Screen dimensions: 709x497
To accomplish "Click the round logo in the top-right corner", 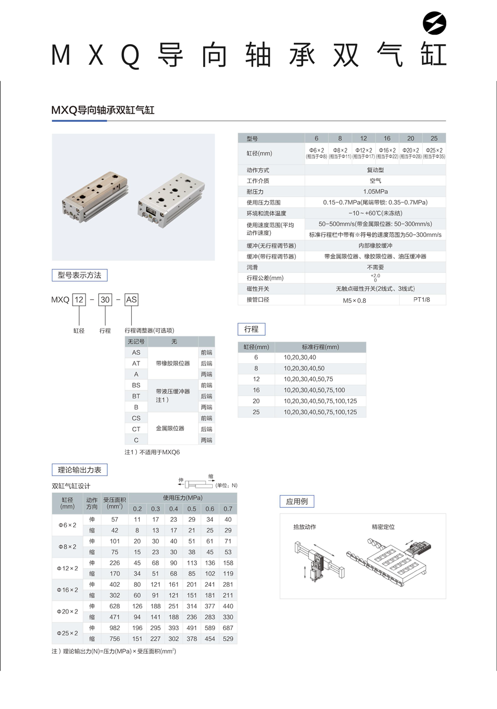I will [435, 23].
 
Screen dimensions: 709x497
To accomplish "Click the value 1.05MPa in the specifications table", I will [375, 192].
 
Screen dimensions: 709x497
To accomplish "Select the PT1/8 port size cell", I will [422, 299].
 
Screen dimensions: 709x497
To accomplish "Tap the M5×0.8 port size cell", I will [354, 300].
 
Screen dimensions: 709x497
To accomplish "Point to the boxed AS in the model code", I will [131, 300].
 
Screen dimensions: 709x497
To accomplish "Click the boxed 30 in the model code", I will [105, 300].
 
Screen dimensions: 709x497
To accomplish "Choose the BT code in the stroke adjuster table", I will [136, 396].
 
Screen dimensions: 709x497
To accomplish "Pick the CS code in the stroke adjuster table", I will [136, 418].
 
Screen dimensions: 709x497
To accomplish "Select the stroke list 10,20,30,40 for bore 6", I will [300, 358].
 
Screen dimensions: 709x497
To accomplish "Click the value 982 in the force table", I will [114, 628].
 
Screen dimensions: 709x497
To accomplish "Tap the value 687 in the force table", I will [228, 628].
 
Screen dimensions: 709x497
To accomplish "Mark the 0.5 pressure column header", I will [192, 508].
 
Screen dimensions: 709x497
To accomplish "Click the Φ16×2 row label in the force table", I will [68, 590].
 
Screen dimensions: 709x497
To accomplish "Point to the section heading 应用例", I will [297, 501].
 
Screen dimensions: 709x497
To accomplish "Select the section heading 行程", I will [251, 329].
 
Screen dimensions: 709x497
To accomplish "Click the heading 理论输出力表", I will [79, 470].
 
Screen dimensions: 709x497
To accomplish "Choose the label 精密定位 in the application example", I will [383, 527].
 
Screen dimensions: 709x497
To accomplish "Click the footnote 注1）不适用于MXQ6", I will [152, 452].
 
